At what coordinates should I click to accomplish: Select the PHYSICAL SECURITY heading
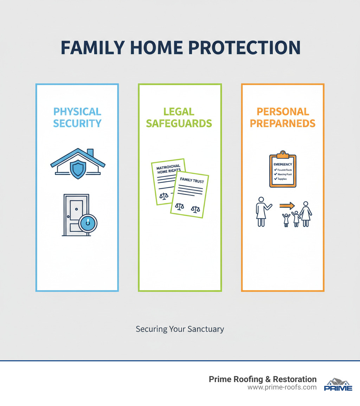(x=77, y=118)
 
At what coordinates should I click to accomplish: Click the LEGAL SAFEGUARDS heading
(x=179, y=118)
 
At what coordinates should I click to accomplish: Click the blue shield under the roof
(x=78, y=170)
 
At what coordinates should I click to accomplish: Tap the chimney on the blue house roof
(x=90, y=153)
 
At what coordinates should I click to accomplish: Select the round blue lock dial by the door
(x=88, y=223)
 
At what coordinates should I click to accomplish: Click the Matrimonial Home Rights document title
(x=168, y=168)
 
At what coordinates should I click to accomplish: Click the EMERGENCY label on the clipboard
(x=283, y=164)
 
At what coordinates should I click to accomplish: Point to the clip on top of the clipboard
(x=283, y=154)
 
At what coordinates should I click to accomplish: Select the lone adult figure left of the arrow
(x=262, y=211)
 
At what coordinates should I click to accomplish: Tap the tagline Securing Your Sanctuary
(x=180, y=329)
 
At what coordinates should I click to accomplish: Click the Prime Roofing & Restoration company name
(x=263, y=379)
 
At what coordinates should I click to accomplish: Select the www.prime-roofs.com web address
(x=282, y=387)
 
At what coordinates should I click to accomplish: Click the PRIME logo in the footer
(x=338, y=385)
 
